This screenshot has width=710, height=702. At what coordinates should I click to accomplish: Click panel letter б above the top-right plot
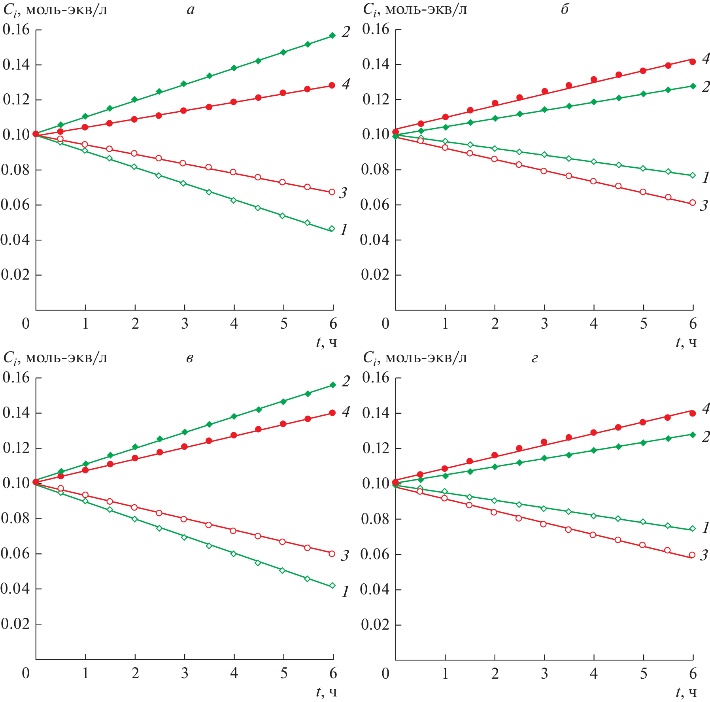click(x=565, y=9)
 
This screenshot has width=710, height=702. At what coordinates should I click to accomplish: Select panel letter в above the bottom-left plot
click(x=190, y=358)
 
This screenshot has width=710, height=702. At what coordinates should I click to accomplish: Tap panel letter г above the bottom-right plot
click(x=534, y=358)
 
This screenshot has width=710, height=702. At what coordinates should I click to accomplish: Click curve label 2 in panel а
click(x=346, y=32)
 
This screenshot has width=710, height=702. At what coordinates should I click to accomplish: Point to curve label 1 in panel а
click(x=344, y=229)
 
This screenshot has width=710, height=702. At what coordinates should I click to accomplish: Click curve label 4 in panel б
click(x=706, y=59)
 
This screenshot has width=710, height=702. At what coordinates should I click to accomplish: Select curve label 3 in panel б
click(x=704, y=206)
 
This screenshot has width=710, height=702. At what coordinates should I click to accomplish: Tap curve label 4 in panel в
click(x=346, y=412)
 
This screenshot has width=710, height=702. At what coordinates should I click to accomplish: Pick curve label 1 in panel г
click(x=706, y=528)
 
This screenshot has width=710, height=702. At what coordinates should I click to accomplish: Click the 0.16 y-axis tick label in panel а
click(x=16, y=29)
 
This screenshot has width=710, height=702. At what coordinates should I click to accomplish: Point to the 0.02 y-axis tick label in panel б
click(x=376, y=274)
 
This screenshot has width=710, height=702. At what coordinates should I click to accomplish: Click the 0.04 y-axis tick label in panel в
click(x=16, y=588)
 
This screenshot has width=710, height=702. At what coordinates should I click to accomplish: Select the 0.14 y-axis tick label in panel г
click(x=376, y=413)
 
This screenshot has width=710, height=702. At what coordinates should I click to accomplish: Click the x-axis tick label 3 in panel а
click(x=185, y=324)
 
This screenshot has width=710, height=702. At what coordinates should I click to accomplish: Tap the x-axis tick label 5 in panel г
click(x=644, y=674)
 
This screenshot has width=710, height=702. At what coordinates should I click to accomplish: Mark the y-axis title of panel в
click(x=55, y=358)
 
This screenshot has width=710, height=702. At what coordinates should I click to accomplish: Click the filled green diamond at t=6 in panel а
click(x=332, y=36)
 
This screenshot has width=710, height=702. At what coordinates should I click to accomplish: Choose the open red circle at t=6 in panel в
click(x=332, y=554)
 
